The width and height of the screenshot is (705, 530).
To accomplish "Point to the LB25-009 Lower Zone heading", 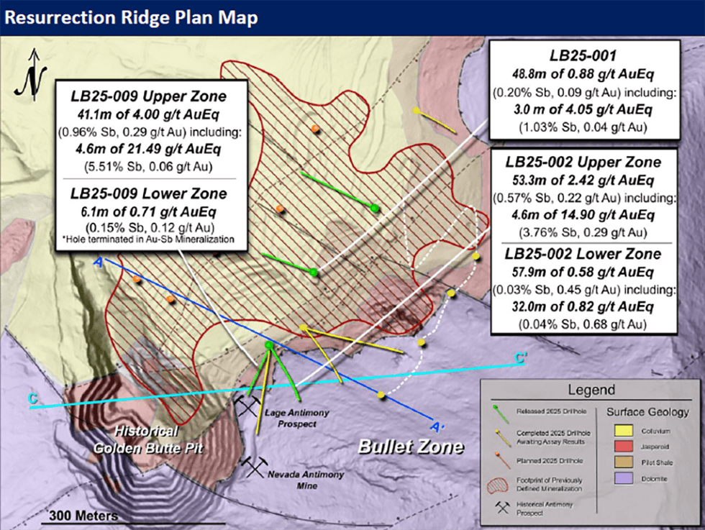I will coord(148,193).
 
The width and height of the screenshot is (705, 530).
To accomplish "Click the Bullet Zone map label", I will coord(411,447).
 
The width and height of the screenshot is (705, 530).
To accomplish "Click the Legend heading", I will coord(591,391).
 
